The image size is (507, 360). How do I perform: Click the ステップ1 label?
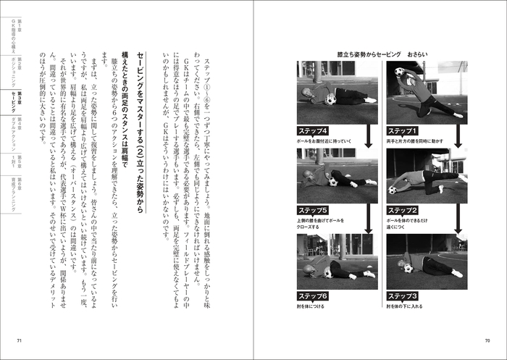pos(403,130)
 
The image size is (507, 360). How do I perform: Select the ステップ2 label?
pos(403,211)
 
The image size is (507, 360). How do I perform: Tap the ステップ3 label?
pos(403,296)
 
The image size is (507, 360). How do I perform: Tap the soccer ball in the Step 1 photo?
pos(400,72)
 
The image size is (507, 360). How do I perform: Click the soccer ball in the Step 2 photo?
pos(393,190)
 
